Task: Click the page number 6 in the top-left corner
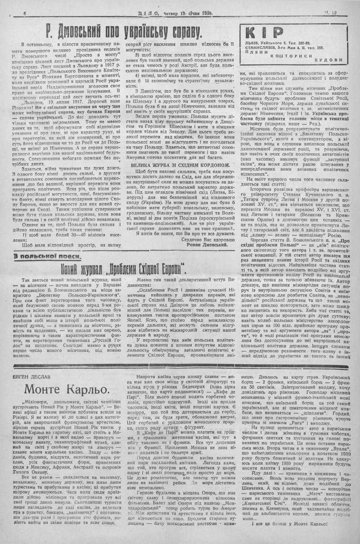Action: [x=25, y=13]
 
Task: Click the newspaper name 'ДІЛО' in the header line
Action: [x=148, y=13]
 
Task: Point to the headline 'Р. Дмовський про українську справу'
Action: [x=124, y=32]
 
